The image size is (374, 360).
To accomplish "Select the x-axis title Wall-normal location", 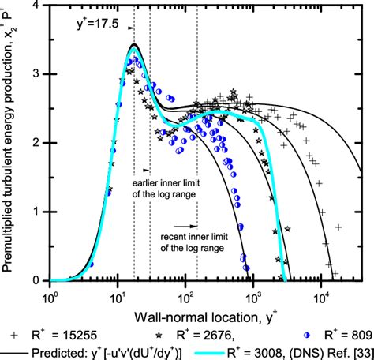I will (207, 310).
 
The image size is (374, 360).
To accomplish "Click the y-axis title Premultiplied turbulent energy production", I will (11, 142).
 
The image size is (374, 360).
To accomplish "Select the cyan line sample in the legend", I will (212, 351).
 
